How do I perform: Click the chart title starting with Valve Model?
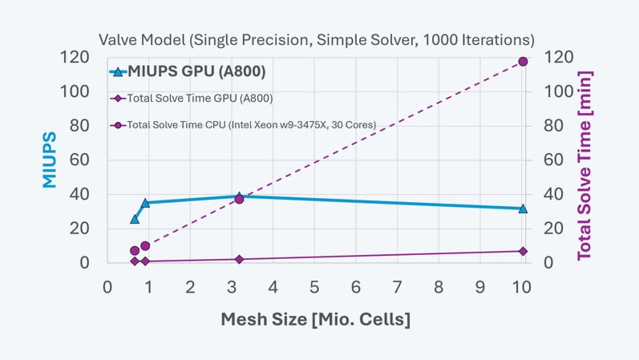click(x=316, y=38)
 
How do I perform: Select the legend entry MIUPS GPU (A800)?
click(x=196, y=72)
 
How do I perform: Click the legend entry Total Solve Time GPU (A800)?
click(x=200, y=99)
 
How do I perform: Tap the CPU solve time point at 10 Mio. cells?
click(x=523, y=62)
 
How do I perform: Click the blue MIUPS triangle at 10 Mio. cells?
click(x=523, y=208)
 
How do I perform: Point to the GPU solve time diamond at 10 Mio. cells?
click(x=523, y=251)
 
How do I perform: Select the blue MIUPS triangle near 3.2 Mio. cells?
click(x=239, y=196)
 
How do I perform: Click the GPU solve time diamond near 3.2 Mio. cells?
click(x=239, y=259)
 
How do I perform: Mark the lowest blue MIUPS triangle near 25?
click(x=135, y=219)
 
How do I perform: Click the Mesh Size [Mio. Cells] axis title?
click(x=316, y=319)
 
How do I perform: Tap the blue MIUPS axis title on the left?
click(x=50, y=160)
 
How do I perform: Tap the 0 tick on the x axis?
click(x=107, y=286)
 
